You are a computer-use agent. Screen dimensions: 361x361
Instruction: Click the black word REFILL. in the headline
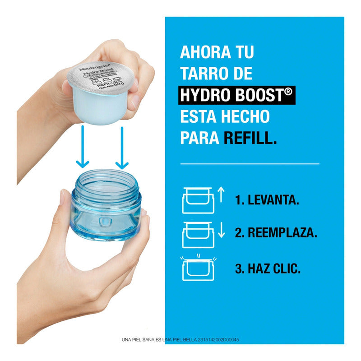[250, 138]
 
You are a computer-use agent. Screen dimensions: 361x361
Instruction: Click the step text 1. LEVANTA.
[267, 200]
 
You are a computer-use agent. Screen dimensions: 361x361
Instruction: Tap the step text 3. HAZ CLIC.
[268, 269]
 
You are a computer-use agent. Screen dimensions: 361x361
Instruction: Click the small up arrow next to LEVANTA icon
[221, 195]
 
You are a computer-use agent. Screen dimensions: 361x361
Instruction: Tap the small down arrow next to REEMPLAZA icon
[221, 230]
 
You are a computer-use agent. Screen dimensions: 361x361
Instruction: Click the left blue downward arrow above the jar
[82, 148]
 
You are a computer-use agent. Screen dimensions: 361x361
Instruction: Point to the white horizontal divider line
[250, 163]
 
